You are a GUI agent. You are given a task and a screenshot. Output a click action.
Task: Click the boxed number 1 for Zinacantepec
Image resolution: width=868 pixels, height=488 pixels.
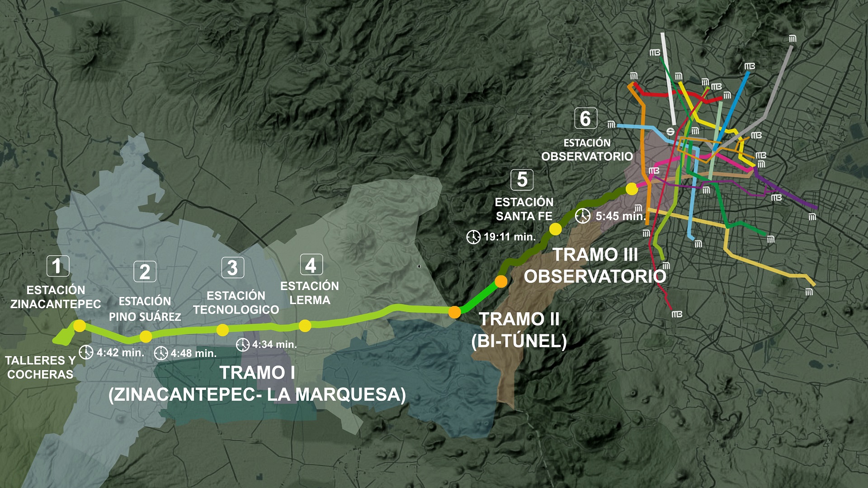tap(58, 266)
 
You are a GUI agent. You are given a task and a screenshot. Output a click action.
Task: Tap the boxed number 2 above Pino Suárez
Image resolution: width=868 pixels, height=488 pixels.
tap(145, 272)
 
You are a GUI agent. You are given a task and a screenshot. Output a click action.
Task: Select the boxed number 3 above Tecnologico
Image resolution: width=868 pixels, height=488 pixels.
tap(232, 268)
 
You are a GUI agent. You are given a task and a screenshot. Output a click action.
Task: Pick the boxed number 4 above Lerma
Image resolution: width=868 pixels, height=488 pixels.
tap(311, 265)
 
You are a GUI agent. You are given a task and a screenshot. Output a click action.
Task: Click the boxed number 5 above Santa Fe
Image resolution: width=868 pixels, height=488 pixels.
tap(522, 179)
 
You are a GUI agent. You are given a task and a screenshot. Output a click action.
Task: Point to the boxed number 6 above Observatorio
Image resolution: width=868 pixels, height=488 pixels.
tap(585, 118)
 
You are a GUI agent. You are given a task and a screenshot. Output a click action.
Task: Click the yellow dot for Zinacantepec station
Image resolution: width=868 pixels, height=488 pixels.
tap(80, 326)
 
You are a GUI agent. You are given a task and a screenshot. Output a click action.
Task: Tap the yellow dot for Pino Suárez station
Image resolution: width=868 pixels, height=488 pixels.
tap(146, 336)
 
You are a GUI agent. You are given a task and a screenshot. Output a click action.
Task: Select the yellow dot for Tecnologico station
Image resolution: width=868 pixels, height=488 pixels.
tap(222, 330)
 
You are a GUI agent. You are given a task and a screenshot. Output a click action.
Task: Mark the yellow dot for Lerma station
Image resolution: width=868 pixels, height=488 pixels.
tap(305, 325)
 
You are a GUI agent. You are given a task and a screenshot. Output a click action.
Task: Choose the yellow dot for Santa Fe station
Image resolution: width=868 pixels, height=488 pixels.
tap(555, 229)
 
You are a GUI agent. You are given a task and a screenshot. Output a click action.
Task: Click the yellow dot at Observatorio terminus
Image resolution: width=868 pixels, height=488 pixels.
tap(632, 189)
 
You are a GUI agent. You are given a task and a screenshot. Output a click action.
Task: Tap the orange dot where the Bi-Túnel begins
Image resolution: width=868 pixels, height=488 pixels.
tap(455, 312)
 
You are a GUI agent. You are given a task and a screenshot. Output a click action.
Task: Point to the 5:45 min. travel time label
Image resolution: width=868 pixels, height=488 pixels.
tap(620, 216)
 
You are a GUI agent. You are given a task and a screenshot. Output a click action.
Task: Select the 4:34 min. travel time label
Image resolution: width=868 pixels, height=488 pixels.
tap(274, 344)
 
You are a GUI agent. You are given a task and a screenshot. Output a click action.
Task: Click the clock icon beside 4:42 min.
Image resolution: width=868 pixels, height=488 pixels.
tap(86, 352)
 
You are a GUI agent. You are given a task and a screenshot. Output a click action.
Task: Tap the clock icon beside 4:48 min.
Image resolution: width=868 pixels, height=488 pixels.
tap(161, 353)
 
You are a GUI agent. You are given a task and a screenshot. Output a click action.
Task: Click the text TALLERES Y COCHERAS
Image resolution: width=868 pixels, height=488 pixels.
tap(40, 367)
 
